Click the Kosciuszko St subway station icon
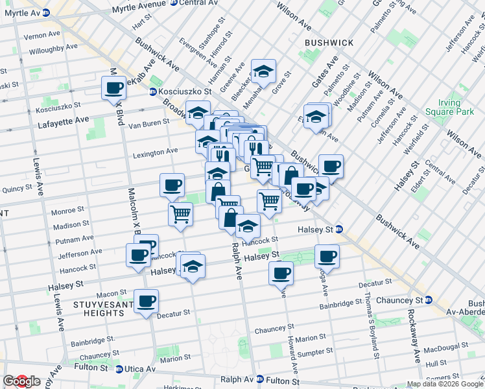pos(154,92)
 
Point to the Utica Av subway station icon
pos(119,369)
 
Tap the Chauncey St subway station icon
pos(429,300)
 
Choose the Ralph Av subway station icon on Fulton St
pos(260,379)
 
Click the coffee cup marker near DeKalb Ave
pos(114,88)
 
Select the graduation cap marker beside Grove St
pos(264,71)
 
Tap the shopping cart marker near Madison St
pos(180,213)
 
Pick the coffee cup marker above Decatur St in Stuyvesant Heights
pos(146,300)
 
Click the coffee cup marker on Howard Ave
pos(281,273)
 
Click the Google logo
pos(21,381)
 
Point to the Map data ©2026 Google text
pos(444,384)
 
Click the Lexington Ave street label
pos(155,152)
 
